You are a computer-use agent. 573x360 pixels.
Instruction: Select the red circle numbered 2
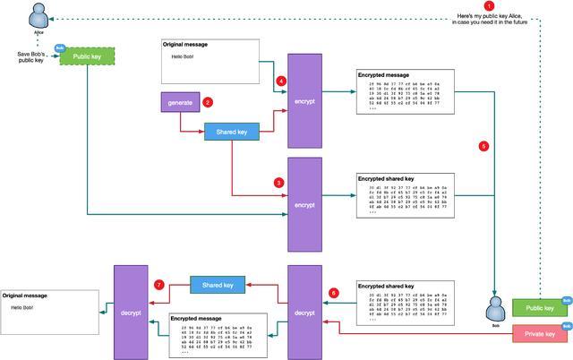coord(208,102)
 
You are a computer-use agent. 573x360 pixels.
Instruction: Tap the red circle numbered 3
coord(279,182)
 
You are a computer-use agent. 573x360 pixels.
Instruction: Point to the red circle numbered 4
coord(281,81)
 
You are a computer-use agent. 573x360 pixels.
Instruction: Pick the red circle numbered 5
coord(484,145)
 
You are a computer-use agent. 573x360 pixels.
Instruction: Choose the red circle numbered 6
coord(334,293)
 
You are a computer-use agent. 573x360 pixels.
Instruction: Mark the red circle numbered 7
coord(159,285)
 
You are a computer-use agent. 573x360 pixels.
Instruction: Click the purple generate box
coord(180,103)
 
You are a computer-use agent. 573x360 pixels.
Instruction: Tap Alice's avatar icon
coord(38,14)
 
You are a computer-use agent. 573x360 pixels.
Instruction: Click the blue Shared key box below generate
coord(231,131)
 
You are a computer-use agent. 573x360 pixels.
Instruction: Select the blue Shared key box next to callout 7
coord(216,285)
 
